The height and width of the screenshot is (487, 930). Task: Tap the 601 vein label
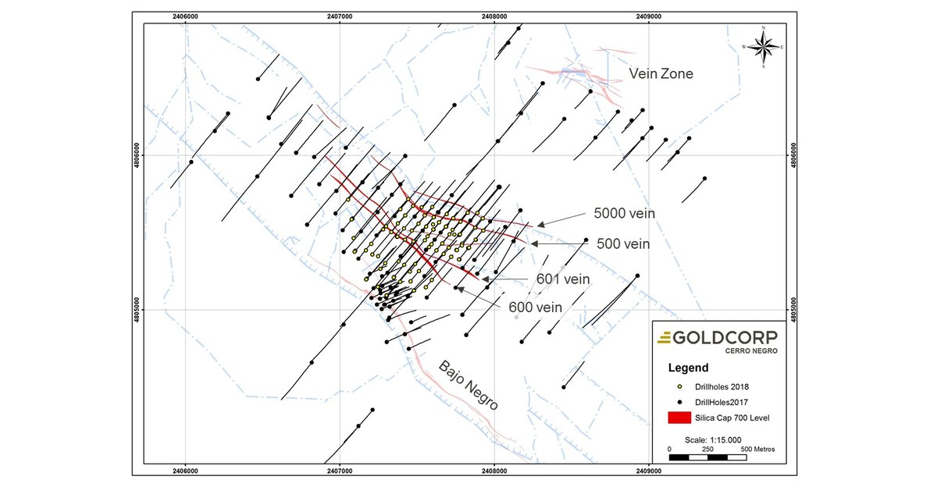[562, 278]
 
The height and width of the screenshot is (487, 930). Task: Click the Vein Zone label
[662, 73]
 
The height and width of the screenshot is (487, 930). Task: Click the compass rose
[763, 47]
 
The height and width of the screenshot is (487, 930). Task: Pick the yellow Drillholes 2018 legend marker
[680, 386]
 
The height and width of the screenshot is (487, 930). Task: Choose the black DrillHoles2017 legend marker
[680, 402]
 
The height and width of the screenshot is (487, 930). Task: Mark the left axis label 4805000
[138, 309]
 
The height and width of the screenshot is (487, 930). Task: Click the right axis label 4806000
[794, 155]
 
